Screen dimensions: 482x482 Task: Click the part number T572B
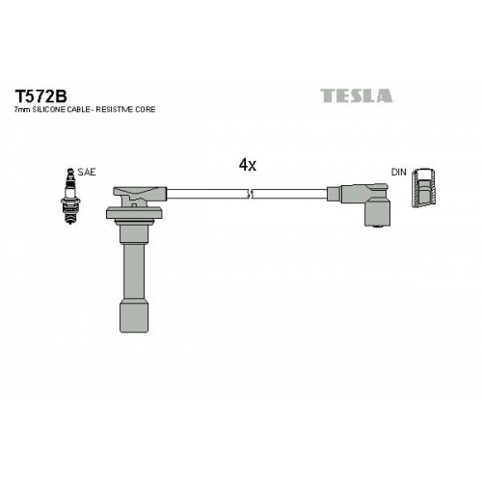[40, 95]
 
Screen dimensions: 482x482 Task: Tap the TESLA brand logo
[357, 95]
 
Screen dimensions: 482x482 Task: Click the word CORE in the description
[146, 110]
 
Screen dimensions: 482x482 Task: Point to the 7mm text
[22, 110]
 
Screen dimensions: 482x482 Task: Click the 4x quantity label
[248, 165]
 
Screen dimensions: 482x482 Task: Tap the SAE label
[87, 173]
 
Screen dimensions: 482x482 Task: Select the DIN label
[399, 173]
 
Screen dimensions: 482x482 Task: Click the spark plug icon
[70, 196]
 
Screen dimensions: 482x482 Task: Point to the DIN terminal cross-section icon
[424, 187]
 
